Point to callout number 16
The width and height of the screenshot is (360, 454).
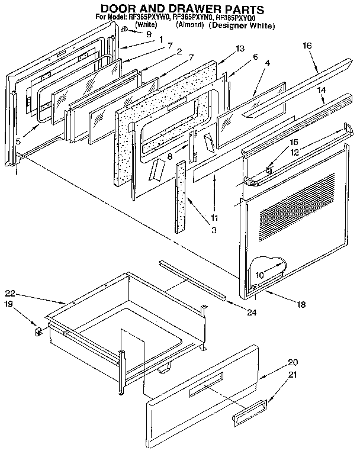tap(307, 46)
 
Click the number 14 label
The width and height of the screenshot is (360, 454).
tap(322, 89)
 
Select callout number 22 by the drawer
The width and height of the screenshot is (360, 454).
tap(10, 293)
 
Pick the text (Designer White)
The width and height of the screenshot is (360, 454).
tap(242, 26)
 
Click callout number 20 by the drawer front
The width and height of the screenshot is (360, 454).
tap(292, 362)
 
